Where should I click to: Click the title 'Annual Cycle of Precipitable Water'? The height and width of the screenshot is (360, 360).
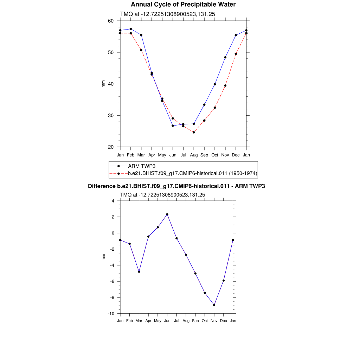tap(183, 5)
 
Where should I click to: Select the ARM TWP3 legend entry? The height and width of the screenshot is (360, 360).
tap(142, 166)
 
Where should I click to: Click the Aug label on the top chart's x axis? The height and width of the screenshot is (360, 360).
tap(194, 155)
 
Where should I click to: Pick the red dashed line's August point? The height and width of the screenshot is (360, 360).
tap(194, 132)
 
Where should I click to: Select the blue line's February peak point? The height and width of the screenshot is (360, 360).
tap(131, 29)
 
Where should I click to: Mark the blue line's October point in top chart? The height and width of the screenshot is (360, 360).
tap(215, 84)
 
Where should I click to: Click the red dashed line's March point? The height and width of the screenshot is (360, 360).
tap(141, 50)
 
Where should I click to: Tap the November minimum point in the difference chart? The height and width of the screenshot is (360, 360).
tap(214, 305)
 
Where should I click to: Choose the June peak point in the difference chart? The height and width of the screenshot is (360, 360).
tap(167, 214)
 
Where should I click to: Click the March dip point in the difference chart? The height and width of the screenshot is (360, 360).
tap(139, 272)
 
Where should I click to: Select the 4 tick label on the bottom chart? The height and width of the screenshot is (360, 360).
tap(113, 201)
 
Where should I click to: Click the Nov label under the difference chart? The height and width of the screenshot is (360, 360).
tap(214, 321)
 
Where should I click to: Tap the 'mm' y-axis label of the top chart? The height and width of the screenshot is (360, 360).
tap(103, 84)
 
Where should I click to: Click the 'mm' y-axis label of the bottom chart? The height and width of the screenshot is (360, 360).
tap(103, 257)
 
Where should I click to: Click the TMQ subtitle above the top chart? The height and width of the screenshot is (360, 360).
tap(167, 14)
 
